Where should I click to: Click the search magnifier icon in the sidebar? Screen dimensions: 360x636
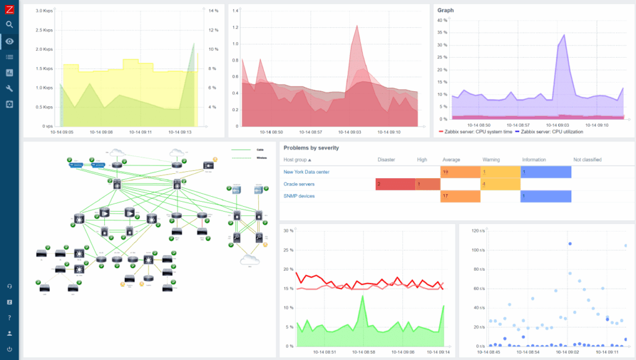[9, 25]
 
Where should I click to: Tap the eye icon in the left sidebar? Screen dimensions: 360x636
[9, 42]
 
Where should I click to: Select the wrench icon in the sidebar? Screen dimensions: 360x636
[9, 88]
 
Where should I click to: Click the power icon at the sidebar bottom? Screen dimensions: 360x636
[9, 349]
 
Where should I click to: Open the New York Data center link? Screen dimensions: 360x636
[306, 172]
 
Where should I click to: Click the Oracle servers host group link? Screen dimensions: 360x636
[299, 184]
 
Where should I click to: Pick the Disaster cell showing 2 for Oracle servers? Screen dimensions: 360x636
[395, 184]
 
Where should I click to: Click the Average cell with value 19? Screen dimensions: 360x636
[460, 172]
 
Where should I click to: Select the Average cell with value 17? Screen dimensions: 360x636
[460, 196]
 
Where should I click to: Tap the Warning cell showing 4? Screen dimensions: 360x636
[500, 184]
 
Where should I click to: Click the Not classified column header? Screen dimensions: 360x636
[587, 160]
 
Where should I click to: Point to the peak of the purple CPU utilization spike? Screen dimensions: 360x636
[563, 35]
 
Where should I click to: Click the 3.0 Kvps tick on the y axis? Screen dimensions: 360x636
[43, 11]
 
